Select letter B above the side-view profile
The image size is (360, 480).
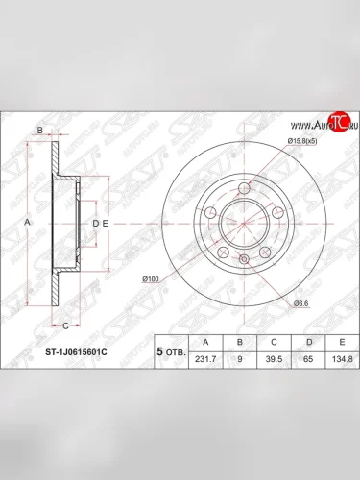[40, 130]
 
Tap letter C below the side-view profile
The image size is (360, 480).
[52, 324]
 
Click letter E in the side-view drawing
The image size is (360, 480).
[106, 223]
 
